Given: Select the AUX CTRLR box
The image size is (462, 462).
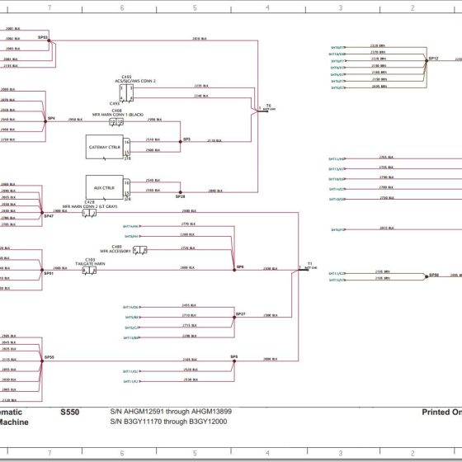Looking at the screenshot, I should (104, 187).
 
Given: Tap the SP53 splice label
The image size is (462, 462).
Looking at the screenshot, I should (43, 37).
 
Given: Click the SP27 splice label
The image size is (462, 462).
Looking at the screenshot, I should (240, 314).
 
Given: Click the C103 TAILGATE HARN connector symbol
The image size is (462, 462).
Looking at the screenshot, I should (89, 270).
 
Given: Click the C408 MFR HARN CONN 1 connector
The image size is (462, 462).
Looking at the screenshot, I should (117, 122).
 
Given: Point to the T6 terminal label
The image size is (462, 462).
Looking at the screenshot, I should (267, 106).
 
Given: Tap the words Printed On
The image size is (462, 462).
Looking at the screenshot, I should (441, 411).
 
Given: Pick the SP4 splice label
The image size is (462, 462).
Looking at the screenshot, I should (50, 118).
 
